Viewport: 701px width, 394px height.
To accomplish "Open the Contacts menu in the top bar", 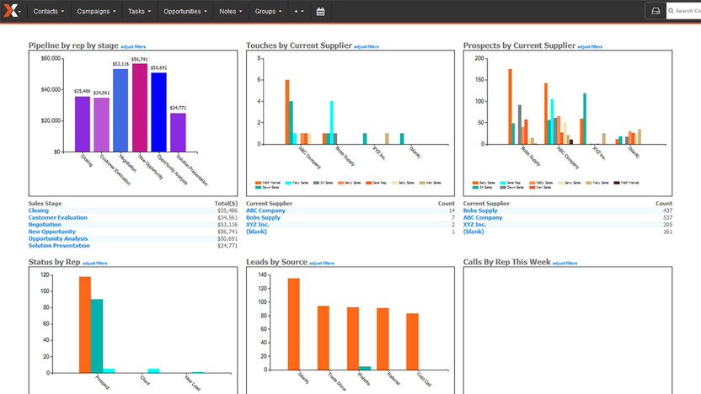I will click(x=48, y=12).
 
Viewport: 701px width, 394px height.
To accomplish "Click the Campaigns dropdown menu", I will click(x=96, y=12).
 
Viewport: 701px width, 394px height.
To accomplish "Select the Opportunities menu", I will click(x=185, y=12).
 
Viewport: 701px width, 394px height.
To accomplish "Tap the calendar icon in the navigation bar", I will click(x=320, y=12).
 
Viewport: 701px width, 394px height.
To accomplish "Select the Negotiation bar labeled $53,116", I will click(x=120, y=110).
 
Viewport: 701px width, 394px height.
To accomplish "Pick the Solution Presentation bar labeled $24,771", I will click(x=178, y=132).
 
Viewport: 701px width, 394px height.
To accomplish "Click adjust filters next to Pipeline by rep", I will click(x=137, y=46).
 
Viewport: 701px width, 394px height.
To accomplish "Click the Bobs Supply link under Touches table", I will click(x=265, y=218).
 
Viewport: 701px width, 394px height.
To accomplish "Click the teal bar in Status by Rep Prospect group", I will click(x=97, y=334).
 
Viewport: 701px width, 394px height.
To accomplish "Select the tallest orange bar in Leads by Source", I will click(x=293, y=324).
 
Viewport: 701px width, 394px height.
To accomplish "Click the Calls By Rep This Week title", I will click(x=506, y=262).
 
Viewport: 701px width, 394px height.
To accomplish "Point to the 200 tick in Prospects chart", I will click(x=479, y=59).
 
